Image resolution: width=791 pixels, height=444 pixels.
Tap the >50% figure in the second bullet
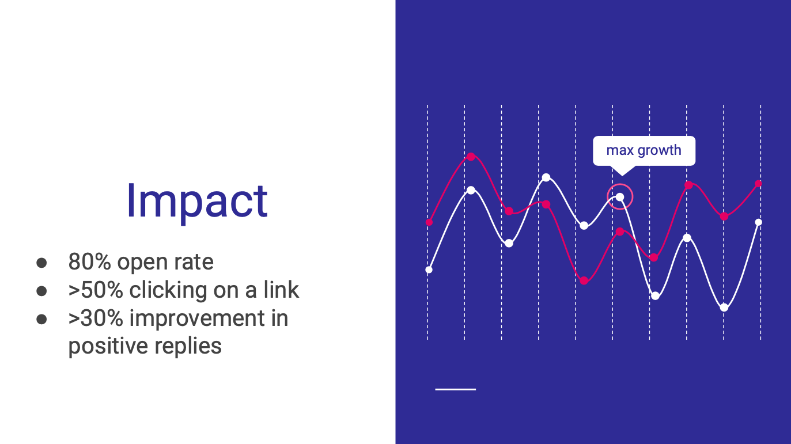tap(96, 290)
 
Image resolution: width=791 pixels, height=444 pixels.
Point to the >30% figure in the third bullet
tap(96, 318)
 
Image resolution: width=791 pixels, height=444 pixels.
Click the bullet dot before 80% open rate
tap(41, 263)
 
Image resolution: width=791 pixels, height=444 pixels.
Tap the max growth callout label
tap(644, 151)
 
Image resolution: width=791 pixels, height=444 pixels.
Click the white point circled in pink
tap(620, 197)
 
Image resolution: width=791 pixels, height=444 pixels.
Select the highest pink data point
tap(471, 157)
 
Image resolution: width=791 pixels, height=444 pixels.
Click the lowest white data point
tap(724, 308)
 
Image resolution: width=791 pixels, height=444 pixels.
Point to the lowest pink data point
tap(584, 280)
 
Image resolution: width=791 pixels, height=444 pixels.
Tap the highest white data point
tap(546, 177)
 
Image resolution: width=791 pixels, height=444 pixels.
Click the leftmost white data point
tap(429, 270)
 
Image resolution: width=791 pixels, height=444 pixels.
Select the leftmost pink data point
tap(429, 222)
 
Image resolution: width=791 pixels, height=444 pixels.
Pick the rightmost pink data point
tap(758, 184)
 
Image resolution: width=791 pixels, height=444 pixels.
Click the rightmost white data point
tap(759, 222)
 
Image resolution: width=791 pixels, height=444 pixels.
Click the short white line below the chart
tap(456, 389)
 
